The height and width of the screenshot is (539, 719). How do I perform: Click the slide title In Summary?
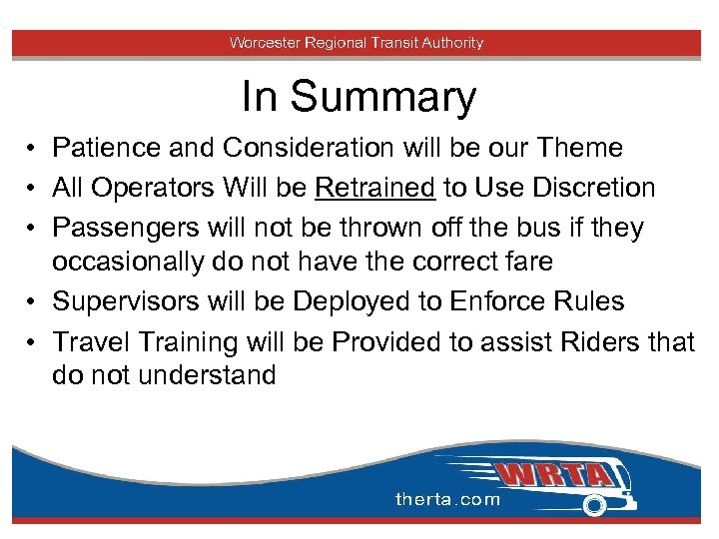(x=359, y=98)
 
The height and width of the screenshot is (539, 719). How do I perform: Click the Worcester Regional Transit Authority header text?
(x=357, y=43)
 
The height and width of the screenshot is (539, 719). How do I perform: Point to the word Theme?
(x=579, y=148)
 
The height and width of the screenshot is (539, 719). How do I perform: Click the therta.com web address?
(x=448, y=499)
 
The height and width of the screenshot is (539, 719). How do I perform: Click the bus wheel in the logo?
(x=595, y=506)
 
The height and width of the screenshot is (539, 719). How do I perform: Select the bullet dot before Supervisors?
(x=33, y=301)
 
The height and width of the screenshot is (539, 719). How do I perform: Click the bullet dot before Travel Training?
(x=33, y=342)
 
